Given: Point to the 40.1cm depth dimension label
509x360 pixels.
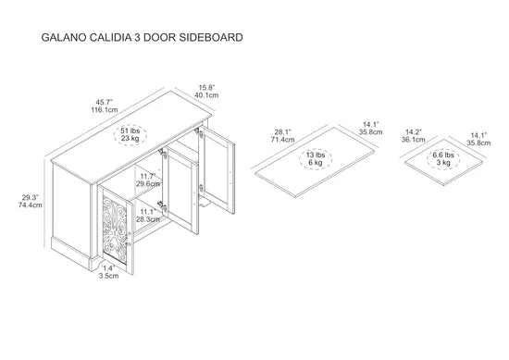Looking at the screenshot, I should (206, 94).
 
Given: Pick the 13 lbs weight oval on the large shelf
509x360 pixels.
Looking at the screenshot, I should (315, 157).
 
